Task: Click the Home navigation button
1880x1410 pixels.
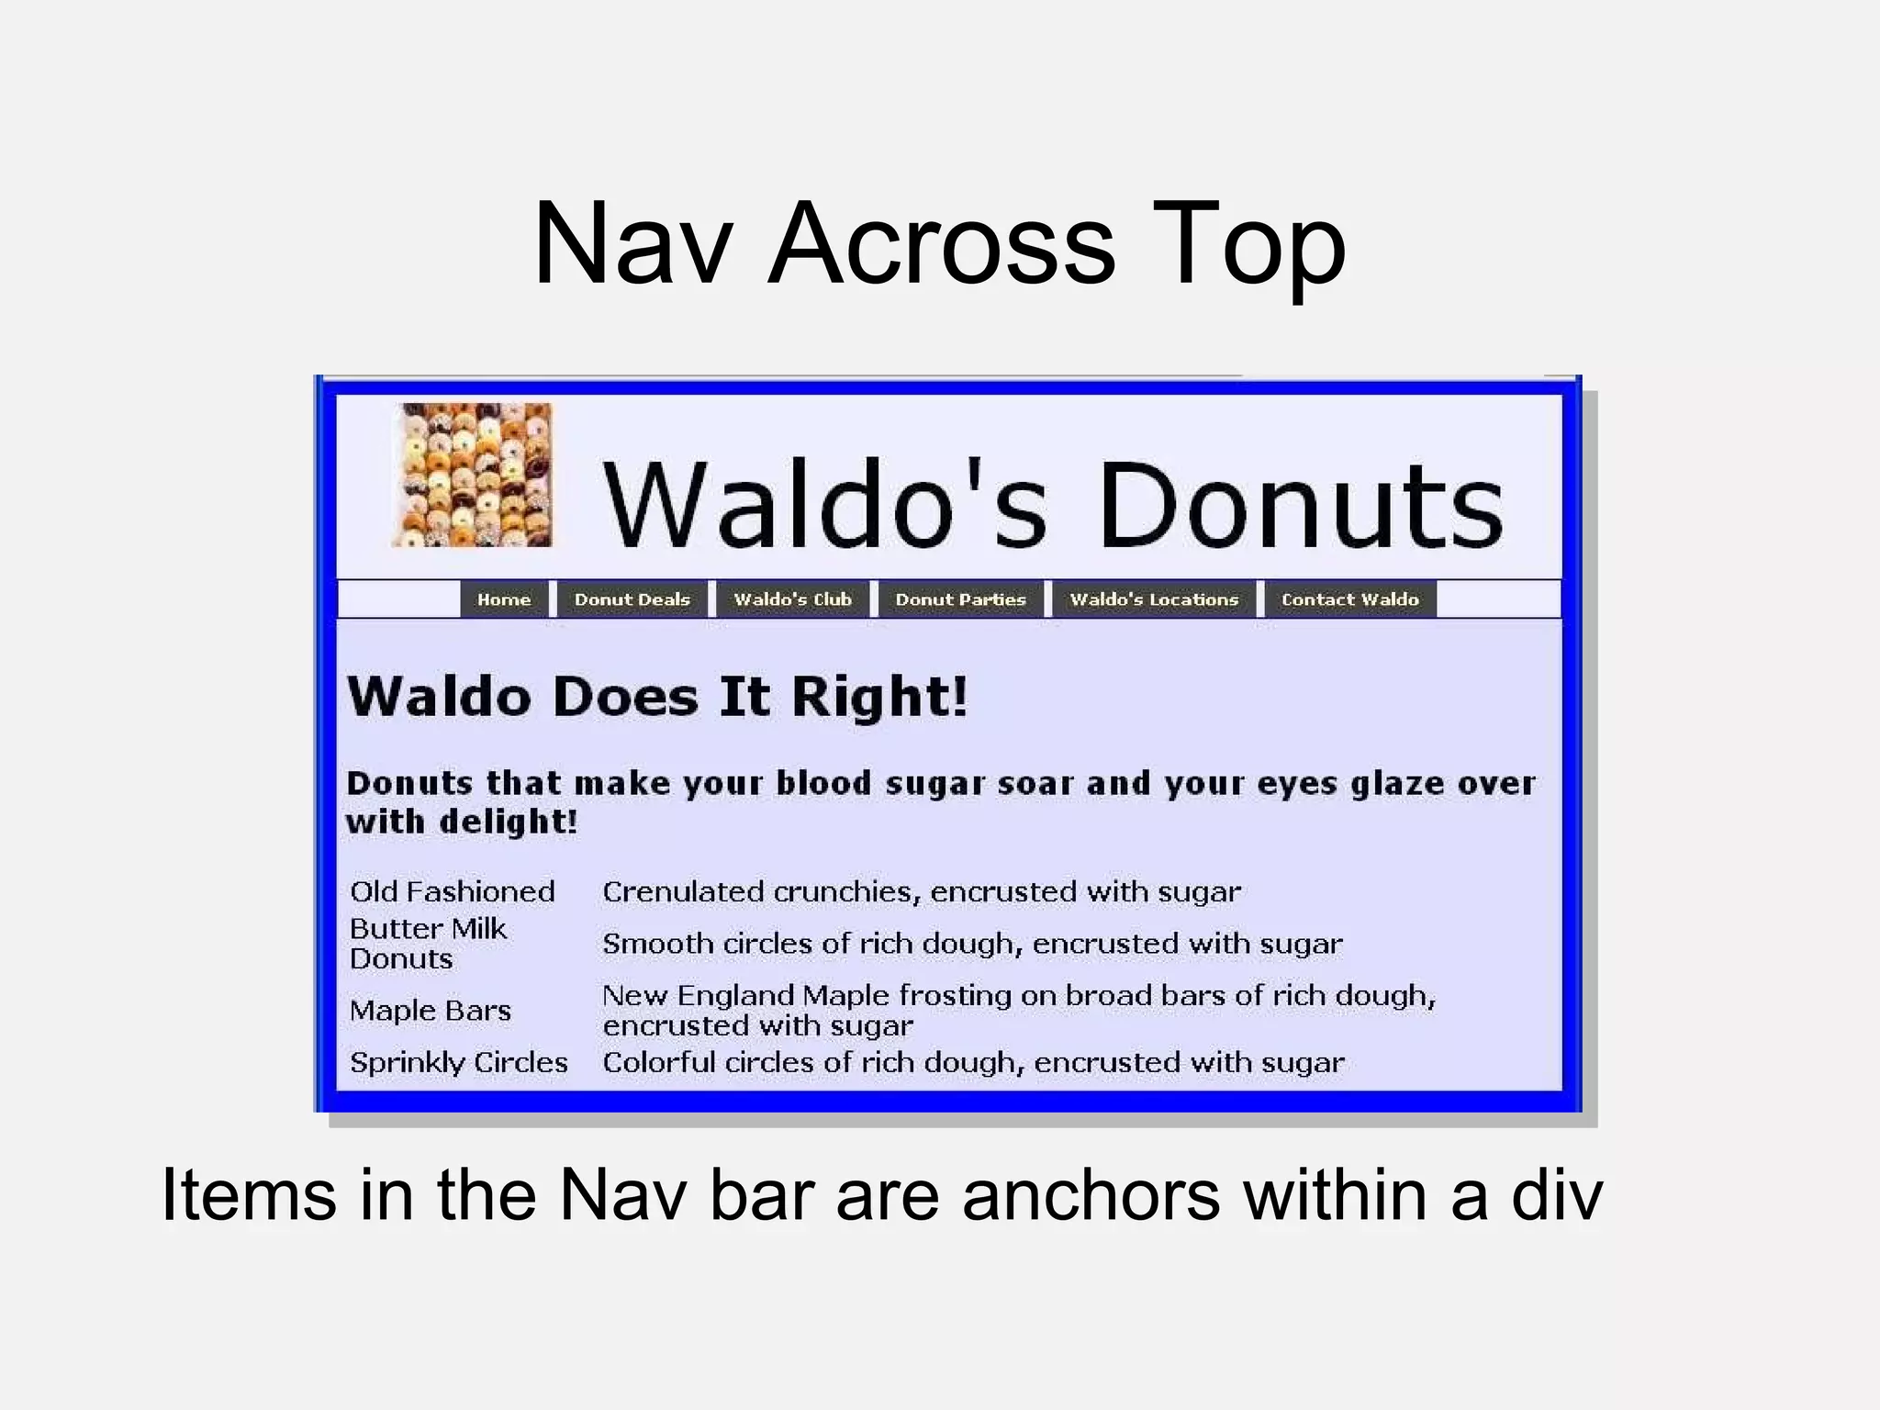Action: [x=504, y=599]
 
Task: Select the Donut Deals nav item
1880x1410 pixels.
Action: [x=632, y=599]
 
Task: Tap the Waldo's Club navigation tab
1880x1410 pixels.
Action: [x=792, y=599]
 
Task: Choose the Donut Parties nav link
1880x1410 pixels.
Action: [x=960, y=599]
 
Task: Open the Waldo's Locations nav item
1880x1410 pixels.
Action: [x=1154, y=599]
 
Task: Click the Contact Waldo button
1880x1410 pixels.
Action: [x=1349, y=599]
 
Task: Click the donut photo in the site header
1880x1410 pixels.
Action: [x=473, y=475]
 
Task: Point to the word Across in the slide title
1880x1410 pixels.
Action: [x=941, y=244]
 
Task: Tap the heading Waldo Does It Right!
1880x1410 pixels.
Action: [x=657, y=696]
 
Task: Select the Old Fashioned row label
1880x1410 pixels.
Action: [x=453, y=891]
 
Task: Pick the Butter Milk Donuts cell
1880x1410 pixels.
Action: [x=428, y=944]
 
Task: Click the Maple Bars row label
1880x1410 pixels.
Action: [x=430, y=1011]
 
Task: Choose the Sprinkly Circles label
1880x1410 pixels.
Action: [x=459, y=1062]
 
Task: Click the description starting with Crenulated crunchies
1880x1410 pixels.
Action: [x=921, y=891]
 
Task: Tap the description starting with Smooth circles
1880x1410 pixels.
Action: [x=972, y=944]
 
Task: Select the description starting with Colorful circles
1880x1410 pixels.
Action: [x=973, y=1062]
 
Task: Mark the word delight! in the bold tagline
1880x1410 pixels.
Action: [x=509, y=822]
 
